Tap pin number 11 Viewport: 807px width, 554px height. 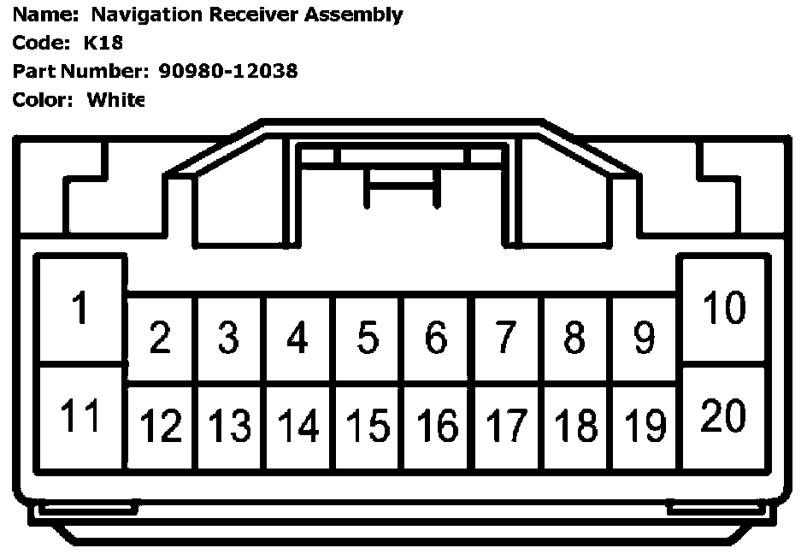80,416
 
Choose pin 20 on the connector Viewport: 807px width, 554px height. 724,416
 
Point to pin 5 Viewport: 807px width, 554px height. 367,339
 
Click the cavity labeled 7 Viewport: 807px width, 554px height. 506,339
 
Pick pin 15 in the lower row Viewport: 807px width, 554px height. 367,425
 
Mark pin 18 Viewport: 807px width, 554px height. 575,425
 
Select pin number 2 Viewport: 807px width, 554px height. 159,339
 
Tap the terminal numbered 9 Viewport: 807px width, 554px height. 645,339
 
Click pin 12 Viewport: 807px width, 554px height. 160,425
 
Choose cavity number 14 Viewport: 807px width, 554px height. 297,425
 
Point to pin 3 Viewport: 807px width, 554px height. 228,339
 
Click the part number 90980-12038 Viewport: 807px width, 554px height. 228,71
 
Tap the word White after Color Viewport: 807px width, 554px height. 115,100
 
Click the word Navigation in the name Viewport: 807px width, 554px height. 138,15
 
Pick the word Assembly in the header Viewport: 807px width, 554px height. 359,15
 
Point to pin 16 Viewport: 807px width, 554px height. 436,425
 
